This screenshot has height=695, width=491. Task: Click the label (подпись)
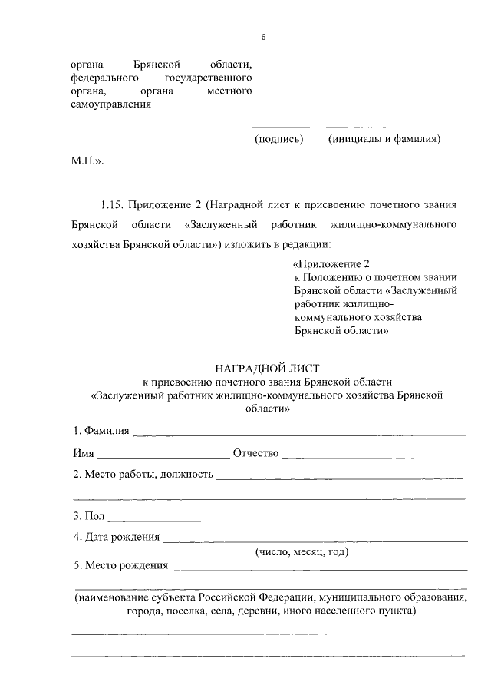(278, 140)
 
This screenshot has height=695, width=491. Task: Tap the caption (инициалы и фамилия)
(383, 140)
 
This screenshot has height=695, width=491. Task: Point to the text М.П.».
(86, 163)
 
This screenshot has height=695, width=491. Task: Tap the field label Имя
(83, 453)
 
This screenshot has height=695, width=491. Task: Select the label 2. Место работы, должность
(142, 475)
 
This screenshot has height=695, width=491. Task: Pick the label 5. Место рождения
(120, 566)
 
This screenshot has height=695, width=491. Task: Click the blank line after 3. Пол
(156, 520)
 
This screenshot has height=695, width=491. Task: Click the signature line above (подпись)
(281, 127)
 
